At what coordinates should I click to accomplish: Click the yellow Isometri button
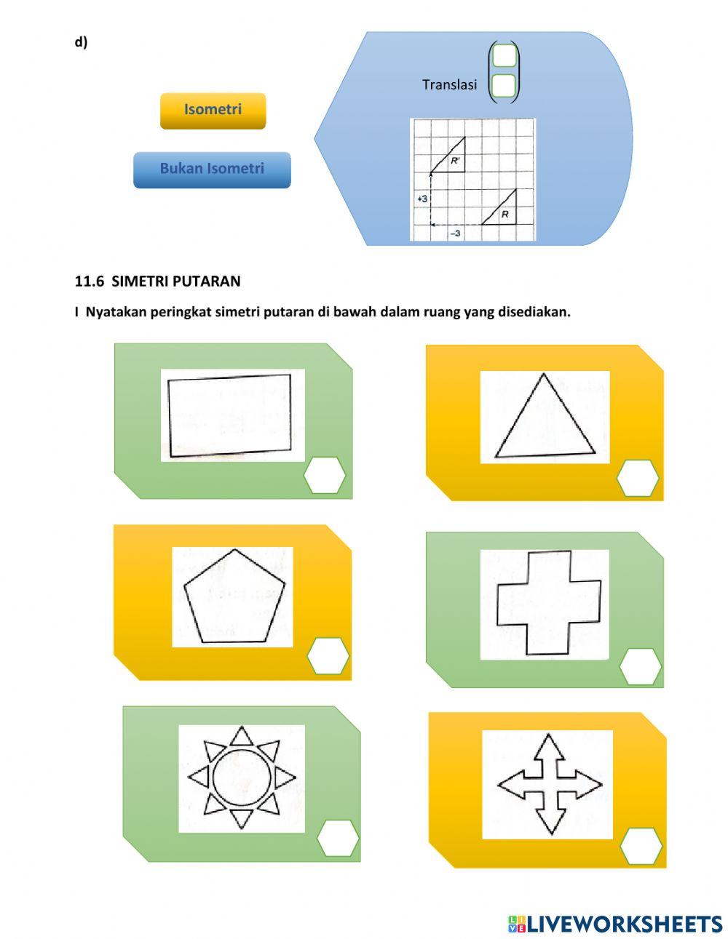pyautogui.click(x=213, y=111)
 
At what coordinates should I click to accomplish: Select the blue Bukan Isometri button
pyautogui.click(x=212, y=169)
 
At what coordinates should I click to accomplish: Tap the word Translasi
pyautogui.click(x=449, y=84)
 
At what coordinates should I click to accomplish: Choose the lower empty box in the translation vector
pyautogui.click(x=504, y=85)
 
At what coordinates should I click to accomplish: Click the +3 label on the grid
pyautogui.click(x=422, y=199)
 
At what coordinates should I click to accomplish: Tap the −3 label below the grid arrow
pyautogui.click(x=455, y=233)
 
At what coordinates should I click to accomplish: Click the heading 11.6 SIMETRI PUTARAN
pyautogui.click(x=157, y=281)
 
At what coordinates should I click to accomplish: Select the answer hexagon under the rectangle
pyautogui.click(x=325, y=476)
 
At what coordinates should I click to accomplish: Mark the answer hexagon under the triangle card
pyautogui.click(x=638, y=478)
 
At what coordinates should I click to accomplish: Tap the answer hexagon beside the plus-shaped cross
pyautogui.click(x=640, y=666)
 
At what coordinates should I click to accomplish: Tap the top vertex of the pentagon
pyautogui.click(x=234, y=549)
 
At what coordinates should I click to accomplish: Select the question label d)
pyautogui.click(x=81, y=42)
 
